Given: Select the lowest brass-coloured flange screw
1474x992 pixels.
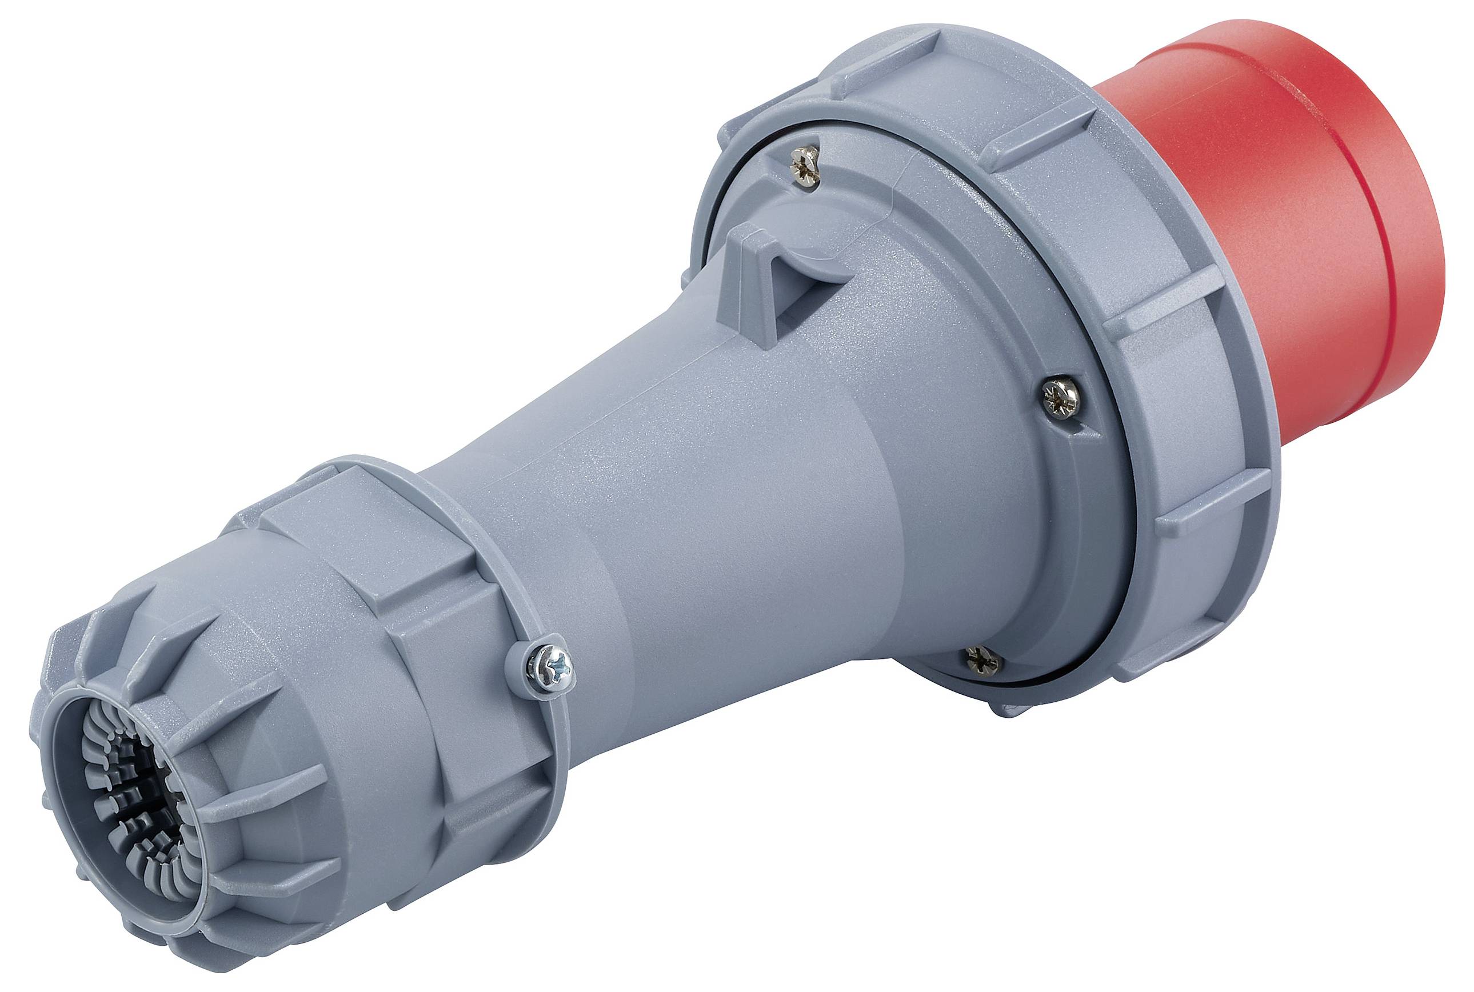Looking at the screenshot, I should coord(982,661).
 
